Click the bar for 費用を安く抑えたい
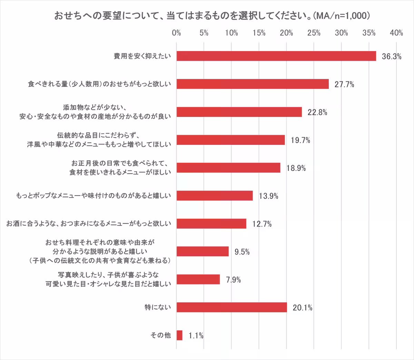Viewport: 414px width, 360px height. coord(276,56)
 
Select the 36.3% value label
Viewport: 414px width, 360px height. coord(392,57)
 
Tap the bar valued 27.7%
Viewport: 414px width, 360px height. coord(253,84)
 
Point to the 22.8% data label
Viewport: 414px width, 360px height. coord(317,112)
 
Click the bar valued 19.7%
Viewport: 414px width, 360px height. coord(230,140)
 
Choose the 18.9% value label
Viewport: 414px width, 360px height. coord(296,168)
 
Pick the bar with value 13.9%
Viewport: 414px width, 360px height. coord(215,196)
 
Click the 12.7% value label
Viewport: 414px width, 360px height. coord(262,224)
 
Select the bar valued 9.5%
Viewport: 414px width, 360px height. coord(203,251)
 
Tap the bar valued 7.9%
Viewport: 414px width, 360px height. coord(198,279)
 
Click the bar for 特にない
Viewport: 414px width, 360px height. coord(231,307)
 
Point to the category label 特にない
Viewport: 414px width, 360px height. coord(158,307)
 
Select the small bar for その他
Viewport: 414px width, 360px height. coord(179,335)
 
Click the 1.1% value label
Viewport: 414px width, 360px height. coord(196,336)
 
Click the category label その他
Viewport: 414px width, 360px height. coord(160,335)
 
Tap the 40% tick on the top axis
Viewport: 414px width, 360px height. coord(396,33)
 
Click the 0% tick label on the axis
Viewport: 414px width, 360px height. coord(176,33)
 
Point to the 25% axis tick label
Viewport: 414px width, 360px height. coord(314,33)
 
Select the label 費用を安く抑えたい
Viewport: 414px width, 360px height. coord(142,56)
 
